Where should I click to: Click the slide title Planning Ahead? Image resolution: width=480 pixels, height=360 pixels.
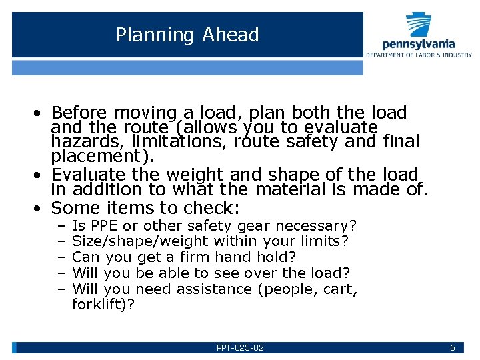pos(187,35)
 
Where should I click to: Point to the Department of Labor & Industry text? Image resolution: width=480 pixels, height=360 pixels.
pos(419,55)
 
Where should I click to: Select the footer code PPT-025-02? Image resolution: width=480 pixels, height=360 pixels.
pos(240,348)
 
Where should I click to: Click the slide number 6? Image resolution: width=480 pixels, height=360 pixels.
pos(453,348)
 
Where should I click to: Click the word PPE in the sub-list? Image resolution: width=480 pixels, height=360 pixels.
pos(104,226)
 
